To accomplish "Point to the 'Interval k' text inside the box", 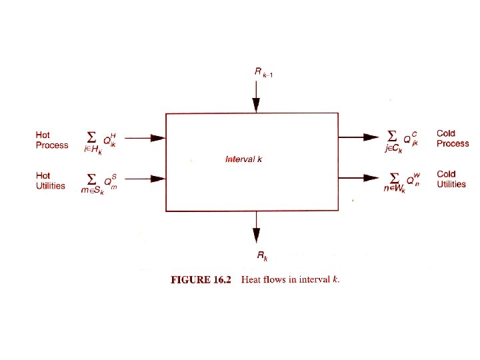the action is click(244, 159).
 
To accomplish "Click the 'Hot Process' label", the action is click(51, 140).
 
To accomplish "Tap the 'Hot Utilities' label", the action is click(50, 181).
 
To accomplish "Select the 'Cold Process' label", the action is click(453, 138).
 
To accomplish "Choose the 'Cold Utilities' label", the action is click(451, 179).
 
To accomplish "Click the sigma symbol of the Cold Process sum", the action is click(394, 135).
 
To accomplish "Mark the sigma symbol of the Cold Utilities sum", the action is click(394, 177).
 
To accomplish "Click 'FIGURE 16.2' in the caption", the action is click(200, 280).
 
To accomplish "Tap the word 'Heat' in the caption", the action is click(252, 280).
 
